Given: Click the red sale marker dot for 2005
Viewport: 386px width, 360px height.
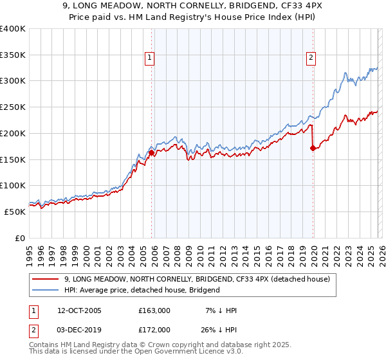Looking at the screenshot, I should coord(152,153).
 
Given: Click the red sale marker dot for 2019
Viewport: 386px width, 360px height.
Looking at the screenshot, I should coord(313,148).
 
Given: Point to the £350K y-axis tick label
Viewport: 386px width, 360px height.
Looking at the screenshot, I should coord(13,55).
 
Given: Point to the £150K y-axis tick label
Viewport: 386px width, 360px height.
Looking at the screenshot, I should coord(13,159).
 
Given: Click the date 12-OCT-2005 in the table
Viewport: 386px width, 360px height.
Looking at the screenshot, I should coord(79,310).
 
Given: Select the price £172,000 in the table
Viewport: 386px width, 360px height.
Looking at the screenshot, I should coord(154,329).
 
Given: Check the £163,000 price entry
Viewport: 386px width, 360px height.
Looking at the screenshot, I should coord(154,310).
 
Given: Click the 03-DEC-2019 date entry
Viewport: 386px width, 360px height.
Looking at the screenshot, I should coord(79,329).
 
